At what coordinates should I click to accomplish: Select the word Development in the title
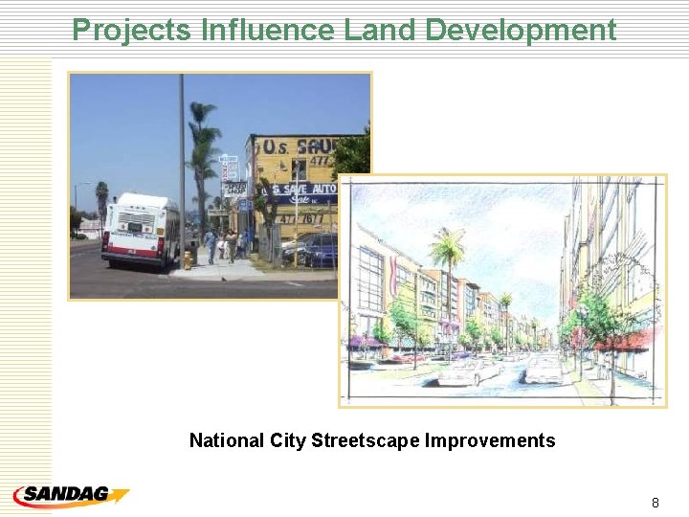(521, 30)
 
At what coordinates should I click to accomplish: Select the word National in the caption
(226, 440)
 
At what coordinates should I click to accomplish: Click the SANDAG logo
(70, 495)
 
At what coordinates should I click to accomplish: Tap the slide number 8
(656, 503)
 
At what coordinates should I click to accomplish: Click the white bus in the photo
(138, 230)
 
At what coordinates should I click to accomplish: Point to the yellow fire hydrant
(188, 259)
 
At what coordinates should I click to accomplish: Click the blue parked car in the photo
(319, 250)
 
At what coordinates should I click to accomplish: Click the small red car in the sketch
(391, 360)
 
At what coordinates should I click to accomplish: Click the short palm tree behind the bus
(101, 196)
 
